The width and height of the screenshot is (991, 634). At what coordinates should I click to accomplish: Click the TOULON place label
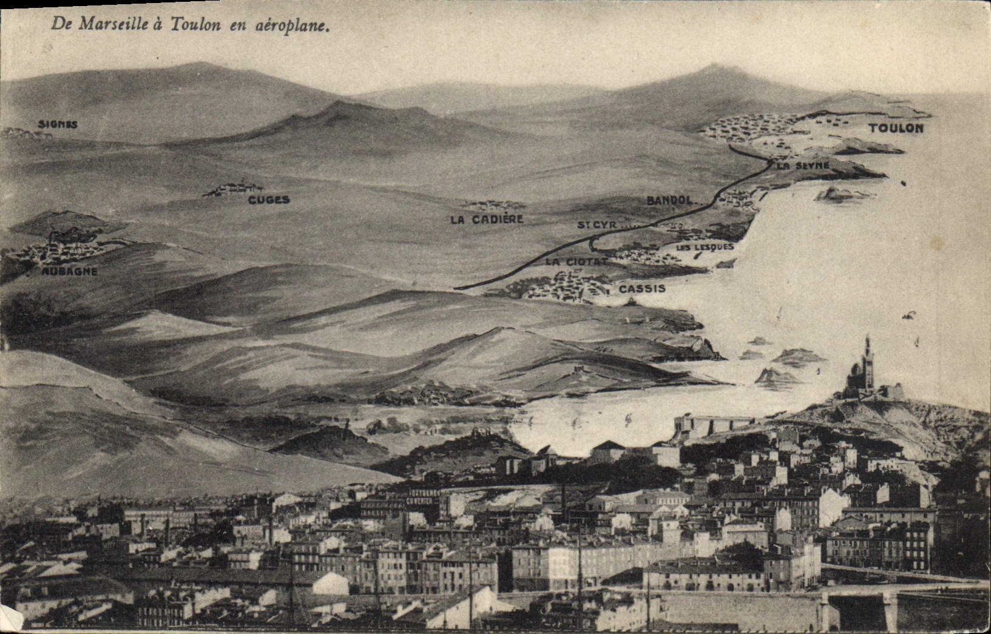click(896, 128)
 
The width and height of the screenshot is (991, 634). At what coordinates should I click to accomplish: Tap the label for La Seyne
click(803, 165)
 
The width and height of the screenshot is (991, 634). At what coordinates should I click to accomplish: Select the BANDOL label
click(669, 200)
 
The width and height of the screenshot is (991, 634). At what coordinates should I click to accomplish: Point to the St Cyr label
click(597, 225)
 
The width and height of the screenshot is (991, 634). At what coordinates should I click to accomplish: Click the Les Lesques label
click(705, 247)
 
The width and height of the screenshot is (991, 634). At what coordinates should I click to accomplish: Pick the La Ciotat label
click(576, 261)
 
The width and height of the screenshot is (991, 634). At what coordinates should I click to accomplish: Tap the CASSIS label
click(642, 289)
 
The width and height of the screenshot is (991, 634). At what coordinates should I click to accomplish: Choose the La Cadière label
click(486, 220)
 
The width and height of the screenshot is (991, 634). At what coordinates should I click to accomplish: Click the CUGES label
click(268, 200)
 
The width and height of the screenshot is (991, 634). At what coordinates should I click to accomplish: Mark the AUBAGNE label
click(69, 271)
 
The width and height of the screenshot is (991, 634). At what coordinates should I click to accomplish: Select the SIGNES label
click(58, 124)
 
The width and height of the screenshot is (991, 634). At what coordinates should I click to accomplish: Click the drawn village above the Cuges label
click(234, 189)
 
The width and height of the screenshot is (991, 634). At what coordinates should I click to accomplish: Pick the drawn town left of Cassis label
click(564, 286)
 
